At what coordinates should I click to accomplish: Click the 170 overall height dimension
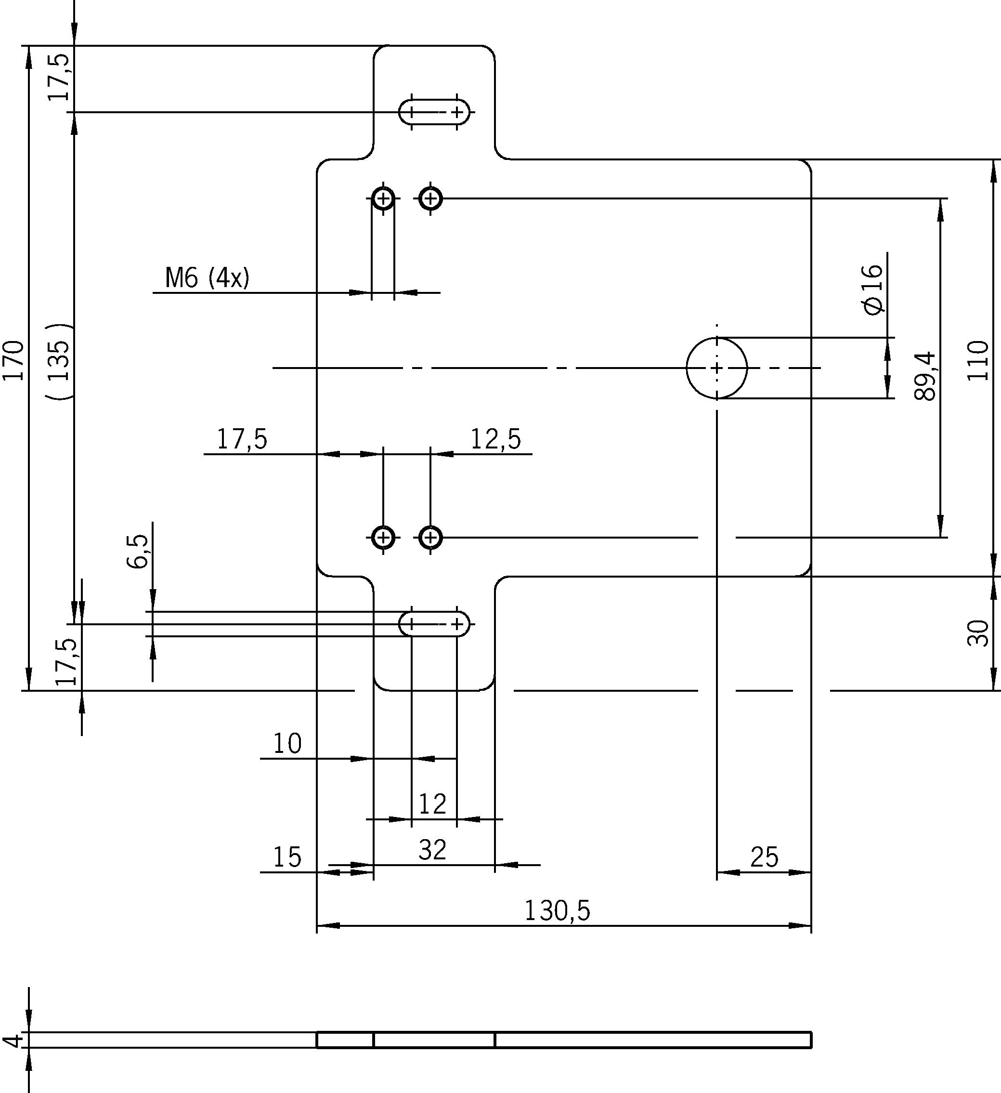click(13, 360)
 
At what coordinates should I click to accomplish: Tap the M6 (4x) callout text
click(207, 278)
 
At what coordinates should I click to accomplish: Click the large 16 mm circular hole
click(716, 368)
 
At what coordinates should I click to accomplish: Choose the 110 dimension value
click(978, 360)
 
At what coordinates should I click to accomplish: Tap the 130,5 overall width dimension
click(557, 911)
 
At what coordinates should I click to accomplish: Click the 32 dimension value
click(432, 850)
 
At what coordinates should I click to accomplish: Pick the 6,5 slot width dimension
click(138, 552)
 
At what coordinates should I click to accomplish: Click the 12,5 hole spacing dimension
click(495, 439)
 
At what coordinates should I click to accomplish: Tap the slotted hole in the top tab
click(434, 112)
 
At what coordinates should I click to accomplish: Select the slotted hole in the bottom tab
click(434, 624)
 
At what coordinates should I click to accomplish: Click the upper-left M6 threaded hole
click(384, 198)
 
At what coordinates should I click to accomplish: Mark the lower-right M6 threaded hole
click(431, 538)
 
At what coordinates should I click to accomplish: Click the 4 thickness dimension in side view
click(12, 1040)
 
